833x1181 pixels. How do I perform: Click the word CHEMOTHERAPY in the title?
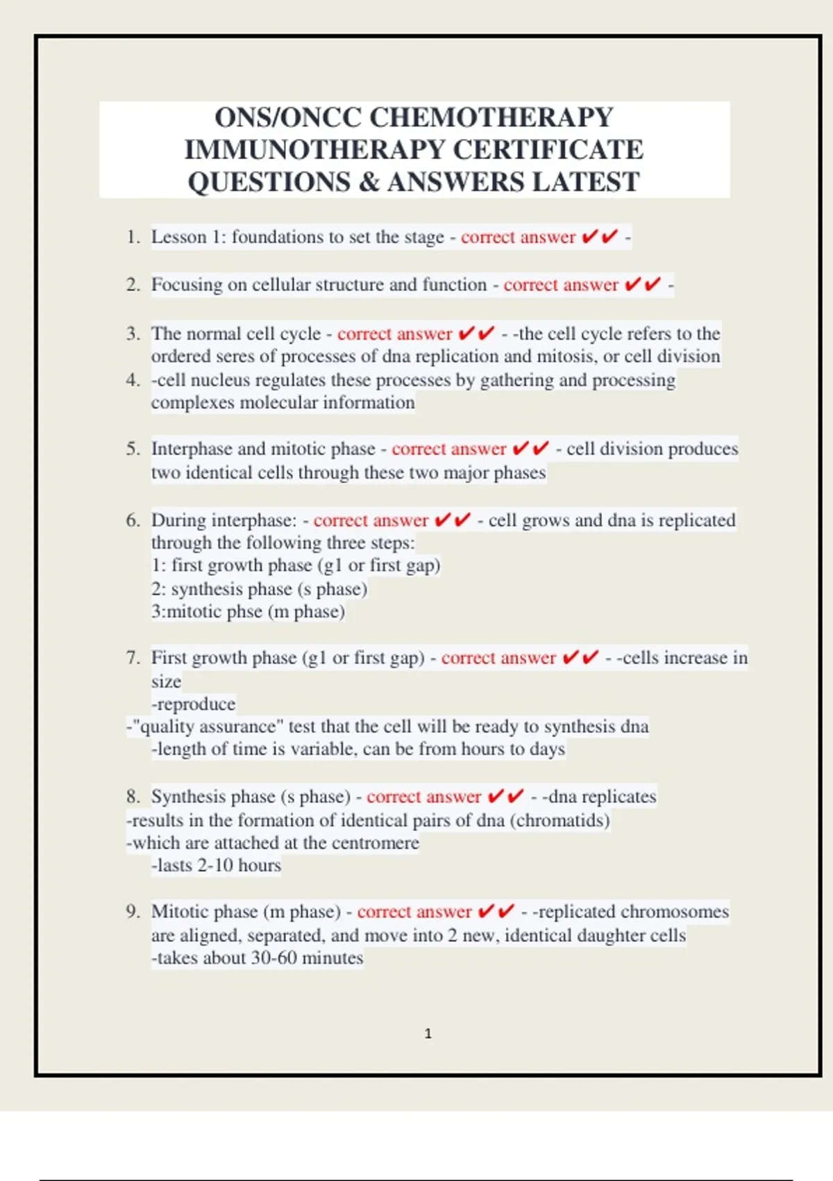point(491,117)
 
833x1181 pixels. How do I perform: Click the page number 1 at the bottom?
point(428,1034)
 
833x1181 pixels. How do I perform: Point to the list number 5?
point(133,449)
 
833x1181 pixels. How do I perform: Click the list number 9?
point(133,911)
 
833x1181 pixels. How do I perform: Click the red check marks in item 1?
point(599,238)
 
